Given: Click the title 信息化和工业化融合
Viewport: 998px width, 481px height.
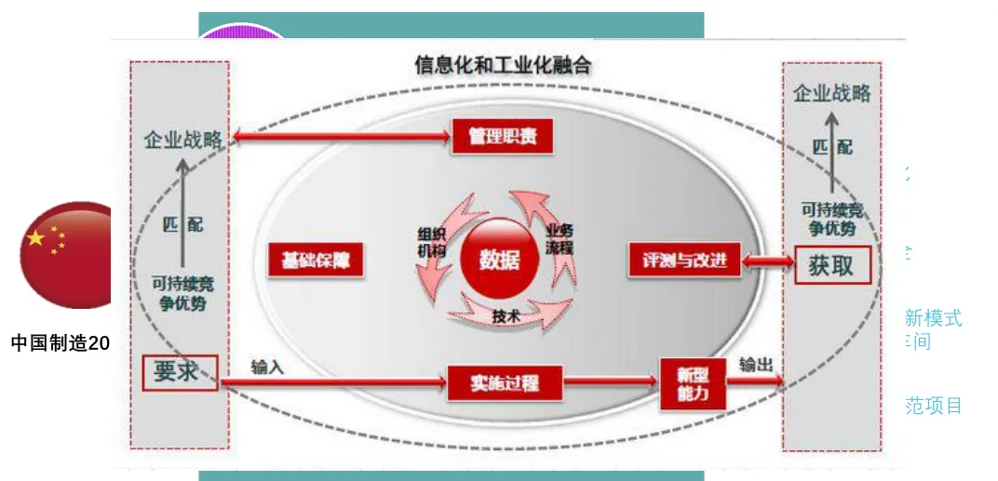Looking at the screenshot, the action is point(502,66).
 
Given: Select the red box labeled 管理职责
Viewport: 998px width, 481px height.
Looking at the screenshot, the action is point(503,138).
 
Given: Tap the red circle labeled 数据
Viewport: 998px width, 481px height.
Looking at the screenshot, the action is point(500,261).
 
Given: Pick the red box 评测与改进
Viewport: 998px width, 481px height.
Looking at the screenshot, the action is point(684,261).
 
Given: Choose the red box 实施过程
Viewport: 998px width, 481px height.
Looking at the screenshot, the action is point(505,382).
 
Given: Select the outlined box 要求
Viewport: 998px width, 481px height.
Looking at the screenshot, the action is point(179,372).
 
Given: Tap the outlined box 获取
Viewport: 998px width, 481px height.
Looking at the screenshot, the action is point(830,265).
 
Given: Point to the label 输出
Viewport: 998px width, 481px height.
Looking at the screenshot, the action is point(756,365).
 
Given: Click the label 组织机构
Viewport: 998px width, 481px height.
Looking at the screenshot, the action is point(432,242).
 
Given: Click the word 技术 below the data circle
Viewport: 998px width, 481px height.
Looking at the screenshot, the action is point(505,317).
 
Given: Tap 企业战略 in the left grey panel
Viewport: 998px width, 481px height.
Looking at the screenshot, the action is point(183,140).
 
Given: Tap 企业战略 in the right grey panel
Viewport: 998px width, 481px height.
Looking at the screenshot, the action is point(831,93).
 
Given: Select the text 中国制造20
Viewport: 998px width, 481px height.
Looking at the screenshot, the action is point(60,343).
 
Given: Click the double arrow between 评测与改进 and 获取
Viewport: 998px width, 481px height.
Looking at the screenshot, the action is point(767,261).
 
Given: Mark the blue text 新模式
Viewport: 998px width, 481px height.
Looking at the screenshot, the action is point(933,318).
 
